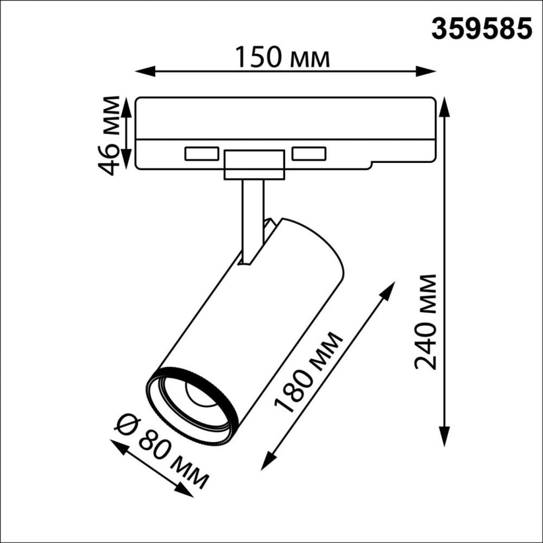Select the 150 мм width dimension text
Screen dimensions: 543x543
282,58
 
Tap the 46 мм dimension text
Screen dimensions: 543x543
111,135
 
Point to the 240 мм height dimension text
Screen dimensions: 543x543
426,321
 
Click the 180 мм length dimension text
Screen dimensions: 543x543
308,372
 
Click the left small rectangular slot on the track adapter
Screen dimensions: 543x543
201,154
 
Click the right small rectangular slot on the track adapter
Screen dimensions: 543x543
308,154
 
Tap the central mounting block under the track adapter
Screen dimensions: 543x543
254,165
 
